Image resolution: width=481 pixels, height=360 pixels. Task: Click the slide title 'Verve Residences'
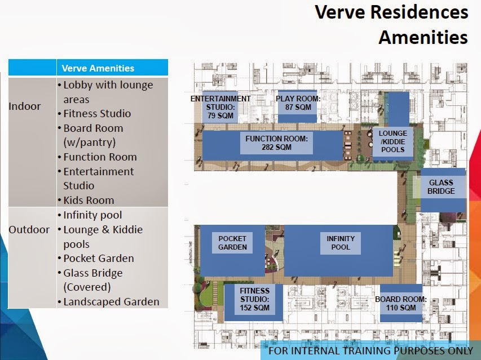pyautogui.click(x=391, y=12)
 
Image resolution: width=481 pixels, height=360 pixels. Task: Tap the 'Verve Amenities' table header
pyautogui.click(x=98, y=68)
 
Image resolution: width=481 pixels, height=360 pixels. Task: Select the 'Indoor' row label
pyautogui.click(x=24, y=106)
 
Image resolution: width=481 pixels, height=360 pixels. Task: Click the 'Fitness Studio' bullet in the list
pyautogui.click(x=97, y=114)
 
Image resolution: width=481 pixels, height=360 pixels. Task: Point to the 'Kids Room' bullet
pyautogui.click(x=89, y=200)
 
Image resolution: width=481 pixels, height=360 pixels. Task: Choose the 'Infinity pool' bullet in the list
pyautogui.click(x=92, y=215)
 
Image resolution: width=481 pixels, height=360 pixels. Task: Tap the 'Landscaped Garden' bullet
pyautogui.click(x=111, y=302)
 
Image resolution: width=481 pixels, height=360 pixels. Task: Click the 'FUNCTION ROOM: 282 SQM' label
pyautogui.click(x=276, y=143)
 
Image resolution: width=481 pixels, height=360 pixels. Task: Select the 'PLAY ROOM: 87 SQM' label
pyautogui.click(x=298, y=103)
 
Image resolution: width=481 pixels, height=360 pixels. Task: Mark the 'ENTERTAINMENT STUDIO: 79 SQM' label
pyautogui.click(x=220, y=107)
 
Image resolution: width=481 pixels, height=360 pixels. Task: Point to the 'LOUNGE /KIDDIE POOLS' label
pyautogui.click(x=392, y=141)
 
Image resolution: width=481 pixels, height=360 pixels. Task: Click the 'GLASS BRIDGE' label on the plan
pyautogui.click(x=441, y=187)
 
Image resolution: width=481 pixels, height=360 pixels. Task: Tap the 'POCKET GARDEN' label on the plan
pyautogui.click(x=232, y=243)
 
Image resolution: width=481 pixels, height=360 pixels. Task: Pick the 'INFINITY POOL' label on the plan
pyautogui.click(x=341, y=243)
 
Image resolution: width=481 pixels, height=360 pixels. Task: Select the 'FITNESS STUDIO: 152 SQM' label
pyautogui.click(x=255, y=299)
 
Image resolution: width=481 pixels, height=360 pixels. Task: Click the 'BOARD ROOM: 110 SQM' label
pyautogui.click(x=401, y=304)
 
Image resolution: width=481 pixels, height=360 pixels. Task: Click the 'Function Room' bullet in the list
pyautogui.click(x=100, y=157)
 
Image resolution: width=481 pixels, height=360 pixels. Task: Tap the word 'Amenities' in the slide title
pyautogui.click(x=423, y=37)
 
